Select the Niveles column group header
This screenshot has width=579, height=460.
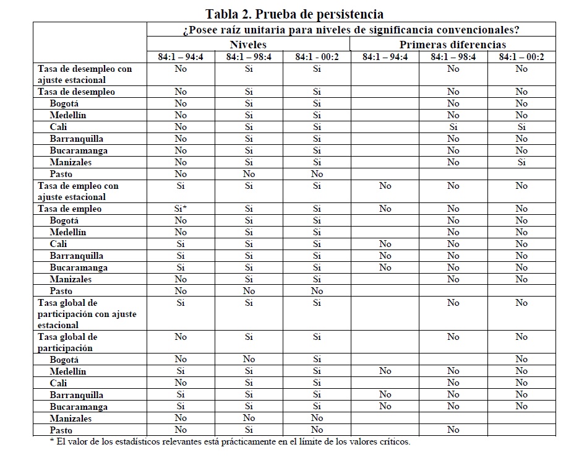tap(248, 45)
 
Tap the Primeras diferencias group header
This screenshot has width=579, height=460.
tap(453, 45)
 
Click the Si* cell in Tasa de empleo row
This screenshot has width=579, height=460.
tap(181, 209)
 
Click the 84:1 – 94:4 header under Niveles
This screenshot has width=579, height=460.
tap(181, 57)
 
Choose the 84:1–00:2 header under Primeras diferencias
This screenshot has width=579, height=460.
tap(521, 57)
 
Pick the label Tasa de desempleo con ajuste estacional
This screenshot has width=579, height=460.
tap(85, 74)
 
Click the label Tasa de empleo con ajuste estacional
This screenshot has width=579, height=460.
tap(79, 191)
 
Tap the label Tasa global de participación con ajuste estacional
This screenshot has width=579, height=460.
tap(87, 314)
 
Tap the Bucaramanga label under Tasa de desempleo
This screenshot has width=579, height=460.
tap(79, 150)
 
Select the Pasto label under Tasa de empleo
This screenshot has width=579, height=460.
tap(61, 291)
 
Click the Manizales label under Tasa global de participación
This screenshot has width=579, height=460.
tap(71, 419)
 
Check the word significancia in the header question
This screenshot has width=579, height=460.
tap(406, 30)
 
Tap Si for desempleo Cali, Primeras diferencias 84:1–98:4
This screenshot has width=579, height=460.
tap(453, 127)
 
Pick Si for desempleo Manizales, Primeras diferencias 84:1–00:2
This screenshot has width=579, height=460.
tap(521, 162)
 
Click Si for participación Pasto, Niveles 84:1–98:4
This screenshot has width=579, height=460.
tap(249, 430)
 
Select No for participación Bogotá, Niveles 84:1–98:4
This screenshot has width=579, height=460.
tap(249, 359)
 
